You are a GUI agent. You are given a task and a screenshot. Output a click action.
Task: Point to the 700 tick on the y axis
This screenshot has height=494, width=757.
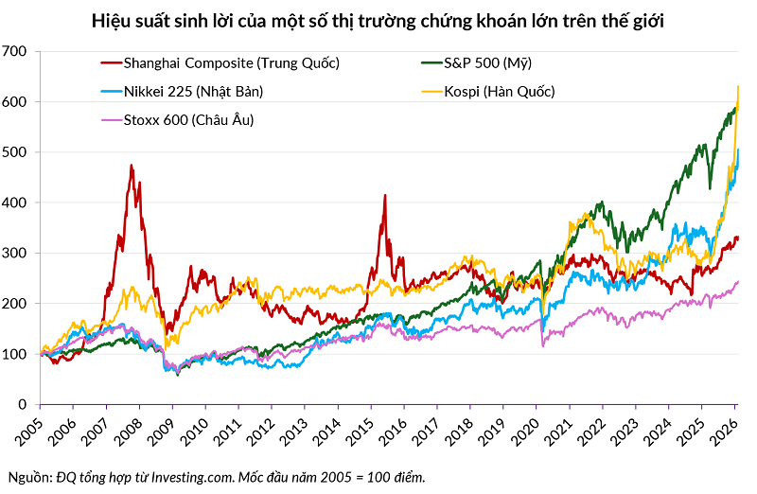(18, 51)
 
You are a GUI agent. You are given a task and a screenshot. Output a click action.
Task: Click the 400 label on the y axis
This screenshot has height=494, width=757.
(18, 203)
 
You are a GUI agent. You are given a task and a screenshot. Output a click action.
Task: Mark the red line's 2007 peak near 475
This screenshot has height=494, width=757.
(131, 166)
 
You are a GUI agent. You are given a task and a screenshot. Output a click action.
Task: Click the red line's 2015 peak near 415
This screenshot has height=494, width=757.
(385, 195)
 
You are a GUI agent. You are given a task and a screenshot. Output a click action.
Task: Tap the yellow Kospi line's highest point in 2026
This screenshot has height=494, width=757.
(737, 87)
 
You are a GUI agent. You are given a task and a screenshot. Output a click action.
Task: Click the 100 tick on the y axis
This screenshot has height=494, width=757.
(18, 354)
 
